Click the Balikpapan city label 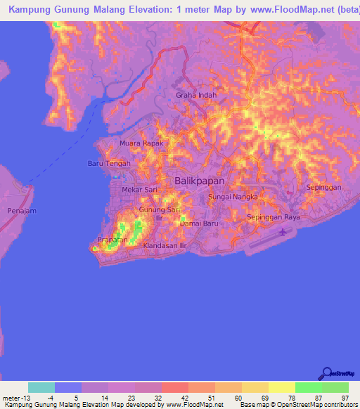[199, 181]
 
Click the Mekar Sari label [138, 190]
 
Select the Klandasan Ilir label [164, 246]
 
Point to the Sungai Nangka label [229, 199]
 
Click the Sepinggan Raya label [273, 218]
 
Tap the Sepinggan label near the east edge [324, 188]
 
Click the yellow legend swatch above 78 [281, 387]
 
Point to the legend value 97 [344, 397]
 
